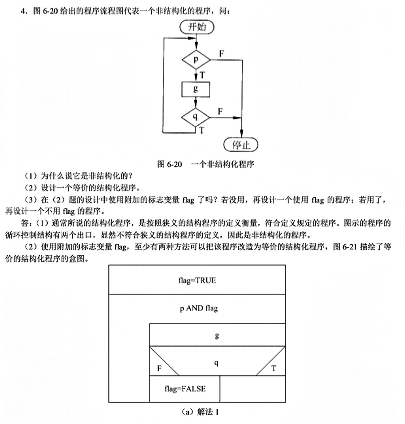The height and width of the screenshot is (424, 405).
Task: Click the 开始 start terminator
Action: click(x=197, y=27)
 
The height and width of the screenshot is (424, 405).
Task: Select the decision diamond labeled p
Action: click(x=196, y=59)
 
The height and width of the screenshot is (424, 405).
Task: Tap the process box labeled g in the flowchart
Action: click(x=196, y=89)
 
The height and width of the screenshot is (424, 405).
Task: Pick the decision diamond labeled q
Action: click(x=196, y=117)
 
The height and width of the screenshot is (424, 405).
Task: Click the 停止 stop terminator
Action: click(x=241, y=145)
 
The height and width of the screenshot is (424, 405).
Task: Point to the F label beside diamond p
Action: click(x=221, y=54)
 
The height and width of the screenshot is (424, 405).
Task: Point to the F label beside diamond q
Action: click(x=220, y=111)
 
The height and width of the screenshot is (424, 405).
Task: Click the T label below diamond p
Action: click(x=202, y=75)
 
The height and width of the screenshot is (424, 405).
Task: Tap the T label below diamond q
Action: click(x=201, y=131)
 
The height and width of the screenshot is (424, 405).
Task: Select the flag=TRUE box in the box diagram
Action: click(x=197, y=280)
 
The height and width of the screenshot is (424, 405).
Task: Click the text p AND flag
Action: click(x=199, y=309)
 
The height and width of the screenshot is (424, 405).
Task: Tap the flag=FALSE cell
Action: click(x=185, y=389)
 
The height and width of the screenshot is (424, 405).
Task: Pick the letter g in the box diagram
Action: click(x=216, y=336)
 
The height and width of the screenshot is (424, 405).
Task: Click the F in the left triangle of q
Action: click(x=159, y=369)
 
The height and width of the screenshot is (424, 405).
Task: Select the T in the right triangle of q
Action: click(x=274, y=369)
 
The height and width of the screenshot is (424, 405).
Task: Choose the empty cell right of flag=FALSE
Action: click(x=252, y=389)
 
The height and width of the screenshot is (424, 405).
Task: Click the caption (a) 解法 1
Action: click(x=200, y=412)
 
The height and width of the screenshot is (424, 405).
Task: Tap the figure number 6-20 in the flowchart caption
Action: click(x=174, y=164)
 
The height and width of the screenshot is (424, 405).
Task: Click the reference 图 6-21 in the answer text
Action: click(x=345, y=247)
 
